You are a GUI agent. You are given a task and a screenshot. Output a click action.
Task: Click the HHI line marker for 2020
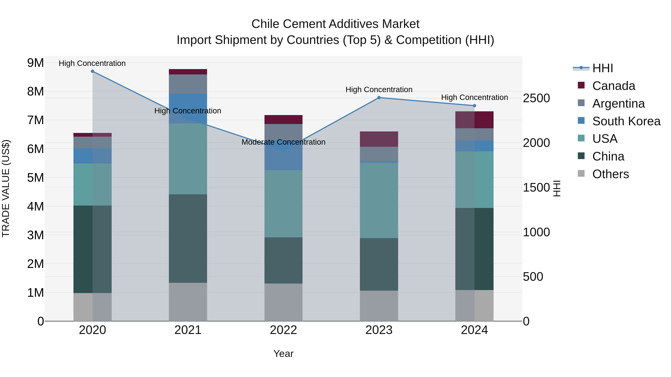[92, 71]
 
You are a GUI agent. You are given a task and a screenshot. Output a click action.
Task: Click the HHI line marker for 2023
[379, 98]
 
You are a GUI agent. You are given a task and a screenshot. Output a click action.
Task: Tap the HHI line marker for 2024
[474, 106]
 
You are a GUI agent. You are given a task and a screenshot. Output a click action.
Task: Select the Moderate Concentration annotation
[283, 142]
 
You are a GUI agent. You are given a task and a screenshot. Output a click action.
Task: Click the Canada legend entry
[613, 86]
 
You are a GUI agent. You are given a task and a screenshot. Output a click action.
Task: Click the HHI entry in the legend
[602, 68]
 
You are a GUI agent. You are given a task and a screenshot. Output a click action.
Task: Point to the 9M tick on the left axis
[35, 63]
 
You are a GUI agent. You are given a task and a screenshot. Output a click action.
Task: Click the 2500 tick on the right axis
[536, 98]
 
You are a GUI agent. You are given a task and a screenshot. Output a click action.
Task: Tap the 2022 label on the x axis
[283, 330]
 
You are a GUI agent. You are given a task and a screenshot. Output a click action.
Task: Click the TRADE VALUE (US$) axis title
[6, 188]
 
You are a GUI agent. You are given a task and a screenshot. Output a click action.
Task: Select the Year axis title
[283, 354]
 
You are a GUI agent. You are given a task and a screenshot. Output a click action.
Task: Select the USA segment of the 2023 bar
[379, 200]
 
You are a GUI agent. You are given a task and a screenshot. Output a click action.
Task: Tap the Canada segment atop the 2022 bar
[283, 119]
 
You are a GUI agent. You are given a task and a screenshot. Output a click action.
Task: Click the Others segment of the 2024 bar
[474, 306]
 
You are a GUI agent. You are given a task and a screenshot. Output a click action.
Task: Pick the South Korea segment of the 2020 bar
[92, 156]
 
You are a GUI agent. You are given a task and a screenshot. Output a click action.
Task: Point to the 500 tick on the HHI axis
[533, 277]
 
